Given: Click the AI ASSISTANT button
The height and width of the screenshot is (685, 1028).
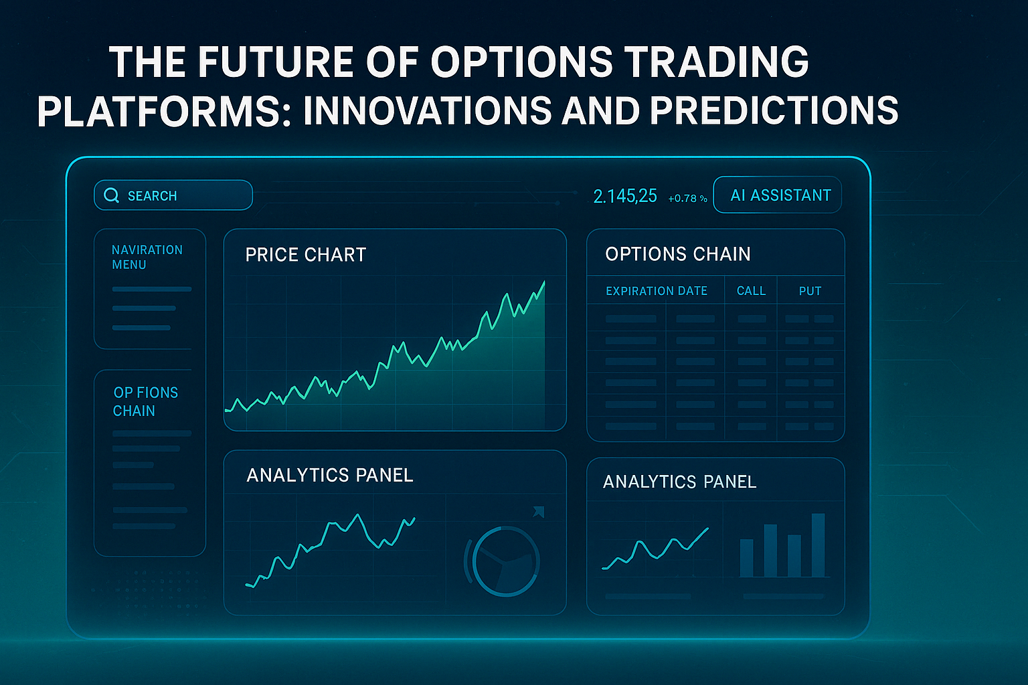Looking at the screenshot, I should [x=778, y=195].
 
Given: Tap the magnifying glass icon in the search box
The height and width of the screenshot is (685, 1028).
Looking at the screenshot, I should [x=111, y=195].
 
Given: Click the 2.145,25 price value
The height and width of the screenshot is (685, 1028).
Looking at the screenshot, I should [x=624, y=196].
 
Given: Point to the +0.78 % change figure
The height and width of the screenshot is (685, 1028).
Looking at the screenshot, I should [x=687, y=199].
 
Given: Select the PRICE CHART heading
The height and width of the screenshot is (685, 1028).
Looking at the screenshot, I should [x=305, y=255].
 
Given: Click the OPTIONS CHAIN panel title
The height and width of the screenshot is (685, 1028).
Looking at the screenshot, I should [x=677, y=254].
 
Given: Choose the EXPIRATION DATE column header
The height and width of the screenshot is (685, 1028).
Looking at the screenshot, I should [x=656, y=291].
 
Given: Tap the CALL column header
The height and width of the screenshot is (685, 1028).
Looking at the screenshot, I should [x=751, y=291].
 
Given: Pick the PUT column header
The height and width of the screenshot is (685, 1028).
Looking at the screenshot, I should [x=810, y=291].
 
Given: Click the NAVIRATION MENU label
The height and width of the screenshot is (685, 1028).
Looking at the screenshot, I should [x=147, y=257].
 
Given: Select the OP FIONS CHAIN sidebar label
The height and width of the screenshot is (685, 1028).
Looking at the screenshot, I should [x=145, y=401].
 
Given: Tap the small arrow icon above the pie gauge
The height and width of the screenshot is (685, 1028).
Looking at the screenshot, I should [x=539, y=512].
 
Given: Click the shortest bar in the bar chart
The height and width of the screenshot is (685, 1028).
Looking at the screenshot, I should [x=746, y=558].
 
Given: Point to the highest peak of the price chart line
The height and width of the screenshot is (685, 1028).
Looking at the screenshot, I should [x=543, y=283].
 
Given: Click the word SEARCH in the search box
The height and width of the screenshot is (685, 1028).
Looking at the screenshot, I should [x=152, y=196].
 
